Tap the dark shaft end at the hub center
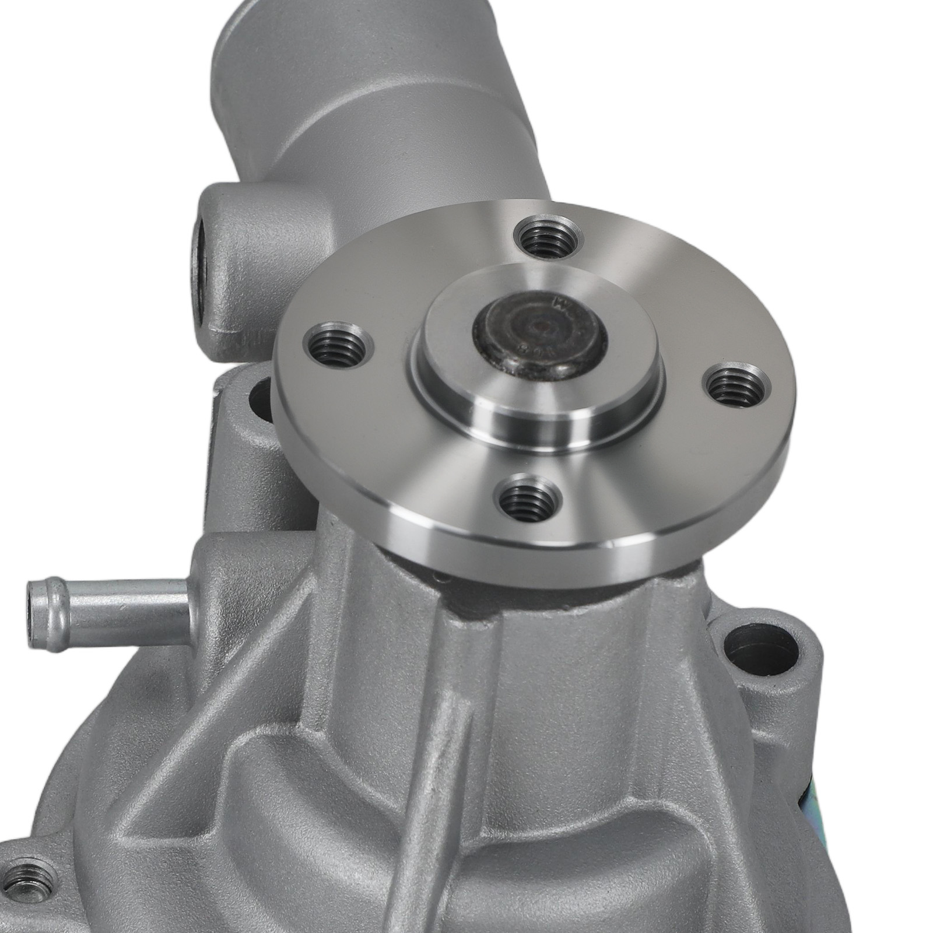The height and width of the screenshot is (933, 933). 540,338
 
